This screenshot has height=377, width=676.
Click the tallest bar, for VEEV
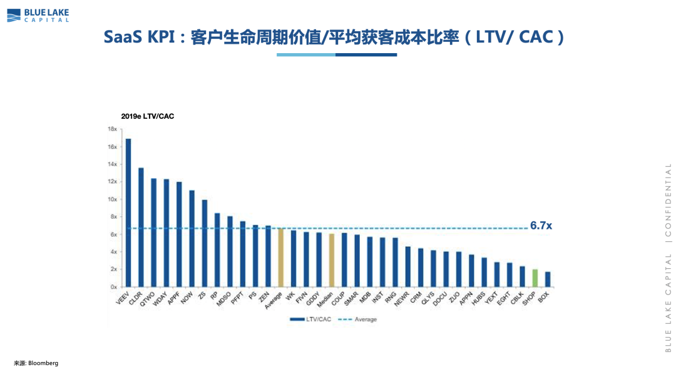click(128, 213)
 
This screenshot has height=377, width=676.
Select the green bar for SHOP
click(535, 278)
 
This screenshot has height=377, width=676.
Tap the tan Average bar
click(281, 258)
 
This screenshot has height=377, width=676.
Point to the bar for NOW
click(192, 238)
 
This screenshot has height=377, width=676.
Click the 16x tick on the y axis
click(113, 147)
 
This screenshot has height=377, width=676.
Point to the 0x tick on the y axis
click(114, 287)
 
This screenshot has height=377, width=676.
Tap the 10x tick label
click(113, 199)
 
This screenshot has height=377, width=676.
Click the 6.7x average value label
click(541, 226)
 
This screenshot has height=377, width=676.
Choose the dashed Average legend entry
click(358, 319)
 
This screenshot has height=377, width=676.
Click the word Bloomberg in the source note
click(43, 363)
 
